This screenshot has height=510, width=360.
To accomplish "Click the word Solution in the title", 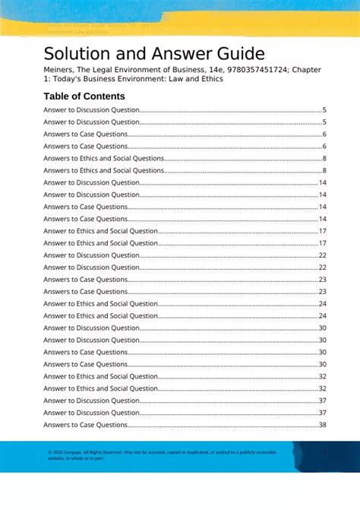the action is point(74,54).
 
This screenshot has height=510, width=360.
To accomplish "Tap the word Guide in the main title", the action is point(239,54).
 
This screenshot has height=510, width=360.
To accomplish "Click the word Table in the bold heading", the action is point(58,97).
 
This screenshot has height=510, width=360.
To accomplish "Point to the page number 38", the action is point(322,425).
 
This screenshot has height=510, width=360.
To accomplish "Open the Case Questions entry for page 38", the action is point(85,425).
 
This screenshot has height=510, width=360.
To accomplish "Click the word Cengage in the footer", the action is point(72,452).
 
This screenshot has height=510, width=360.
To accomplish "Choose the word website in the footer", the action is point(56,458).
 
